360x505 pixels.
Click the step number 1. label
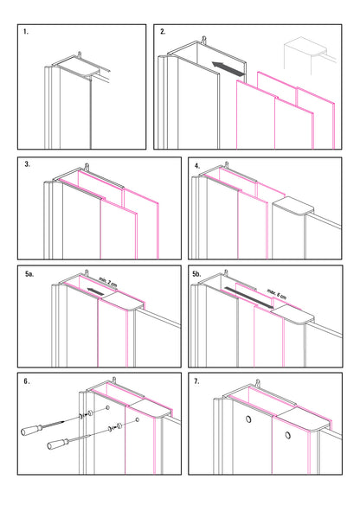[x=27, y=32]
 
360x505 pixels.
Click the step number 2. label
[x=164, y=32]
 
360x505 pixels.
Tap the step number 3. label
[x=28, y=163]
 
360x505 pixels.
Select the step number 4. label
[x=197, y=164]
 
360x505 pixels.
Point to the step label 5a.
[x=29, y=274]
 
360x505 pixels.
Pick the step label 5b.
[x=199, y=274]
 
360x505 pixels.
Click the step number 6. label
[x=29, y=380]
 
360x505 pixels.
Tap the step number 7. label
[x=198, y=380]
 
